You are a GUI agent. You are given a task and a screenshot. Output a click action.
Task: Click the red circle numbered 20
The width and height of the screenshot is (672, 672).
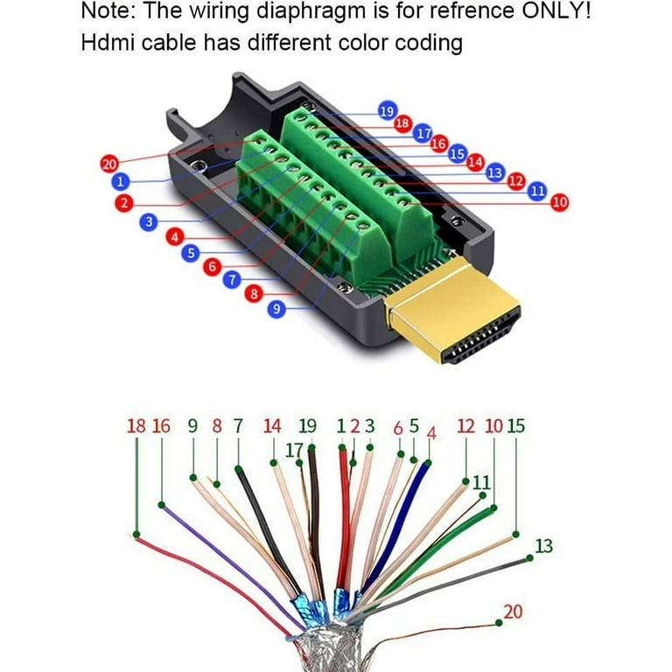pyautogui.click(x=108, y=164)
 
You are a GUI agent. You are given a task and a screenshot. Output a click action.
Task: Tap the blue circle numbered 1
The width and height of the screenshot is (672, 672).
pyautogui.click(x=121, y=181)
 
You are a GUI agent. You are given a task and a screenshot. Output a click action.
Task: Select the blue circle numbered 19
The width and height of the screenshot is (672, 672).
pyautogui.click(x=388, y=111)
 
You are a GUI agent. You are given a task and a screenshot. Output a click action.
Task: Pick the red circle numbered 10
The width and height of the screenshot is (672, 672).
pyautogui.click(x=560, y=202)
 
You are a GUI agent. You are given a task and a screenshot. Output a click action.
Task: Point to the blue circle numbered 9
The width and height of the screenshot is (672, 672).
pyautogui.click(x=276, y=309)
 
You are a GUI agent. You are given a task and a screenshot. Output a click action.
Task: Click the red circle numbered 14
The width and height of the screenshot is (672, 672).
pyautogui.click(x=475, y=162)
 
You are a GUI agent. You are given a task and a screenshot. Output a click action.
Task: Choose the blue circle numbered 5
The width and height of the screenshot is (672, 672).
pyautogui.click(x=191, y=253)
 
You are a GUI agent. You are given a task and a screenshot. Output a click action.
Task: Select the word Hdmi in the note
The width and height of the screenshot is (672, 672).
pyautogui.click(x=107, y=42)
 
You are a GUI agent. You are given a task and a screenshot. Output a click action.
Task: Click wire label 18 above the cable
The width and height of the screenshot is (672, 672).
pyautogui.click(x=136, y=426)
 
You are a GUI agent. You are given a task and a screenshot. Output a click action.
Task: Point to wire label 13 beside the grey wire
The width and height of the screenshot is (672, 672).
pyautogui.click(x=544, y=546)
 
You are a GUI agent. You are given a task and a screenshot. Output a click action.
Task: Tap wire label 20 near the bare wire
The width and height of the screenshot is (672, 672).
pyautogui.click(x=513, y=612)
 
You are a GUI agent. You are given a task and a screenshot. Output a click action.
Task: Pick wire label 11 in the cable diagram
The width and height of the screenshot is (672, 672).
pyautogui.click(x=481, y=483)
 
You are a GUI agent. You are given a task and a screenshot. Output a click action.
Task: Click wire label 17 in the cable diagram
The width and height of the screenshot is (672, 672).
pyautogui.click(x=294, y=450)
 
